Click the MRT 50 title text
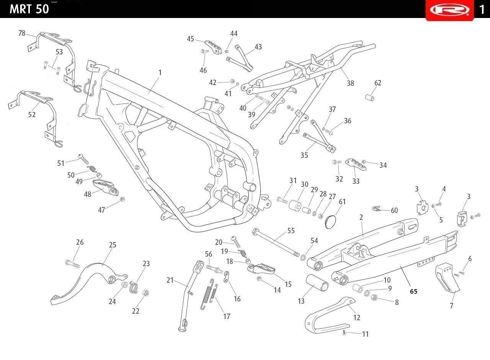29,9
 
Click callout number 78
22,33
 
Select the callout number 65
413,291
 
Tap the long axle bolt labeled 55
276,242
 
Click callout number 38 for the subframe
350,83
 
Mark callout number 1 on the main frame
160,73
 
